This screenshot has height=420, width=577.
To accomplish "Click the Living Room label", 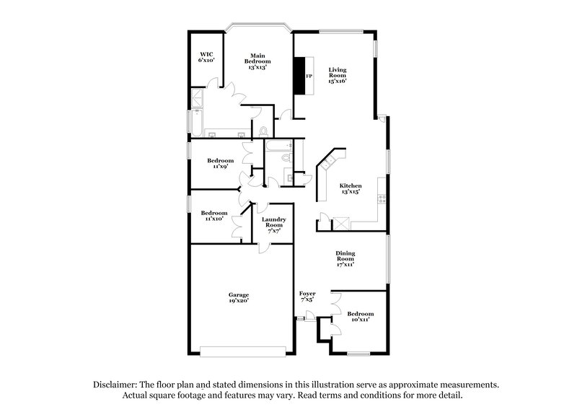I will click(x=337, y=74).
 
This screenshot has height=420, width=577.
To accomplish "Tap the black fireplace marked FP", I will click(x=299, y=75).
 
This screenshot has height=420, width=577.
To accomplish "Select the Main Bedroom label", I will click(x=260, y=61).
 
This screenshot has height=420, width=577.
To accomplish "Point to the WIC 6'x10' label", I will click(x=206, y=56).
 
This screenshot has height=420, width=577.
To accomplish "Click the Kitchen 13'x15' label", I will click(x=351, y=190).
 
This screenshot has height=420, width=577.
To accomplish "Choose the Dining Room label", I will click(x=345, y=258).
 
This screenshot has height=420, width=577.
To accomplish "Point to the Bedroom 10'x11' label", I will click(x=359, y=317).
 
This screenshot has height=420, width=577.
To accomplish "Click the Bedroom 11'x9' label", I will click(x=221, y=163).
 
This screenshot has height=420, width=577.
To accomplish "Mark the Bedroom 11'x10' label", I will click(x=214, y=216).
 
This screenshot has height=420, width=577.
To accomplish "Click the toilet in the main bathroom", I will click(x=263, y=131).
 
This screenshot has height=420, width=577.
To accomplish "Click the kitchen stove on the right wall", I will click(x=383, y=201).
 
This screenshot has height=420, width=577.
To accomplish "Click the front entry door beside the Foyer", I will click(x=308, y=315).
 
